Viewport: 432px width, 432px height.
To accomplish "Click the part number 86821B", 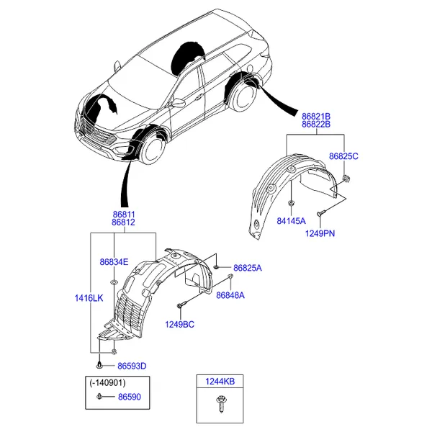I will point(316,116).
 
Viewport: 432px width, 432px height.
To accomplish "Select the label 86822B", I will point(316,125).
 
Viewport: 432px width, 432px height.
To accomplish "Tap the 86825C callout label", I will point(343,156).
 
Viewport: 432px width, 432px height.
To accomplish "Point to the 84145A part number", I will point(292,220).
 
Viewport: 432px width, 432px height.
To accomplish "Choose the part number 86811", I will point(123,214).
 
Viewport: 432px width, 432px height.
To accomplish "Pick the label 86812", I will point(123,222).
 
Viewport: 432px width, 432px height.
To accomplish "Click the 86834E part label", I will point(114,261).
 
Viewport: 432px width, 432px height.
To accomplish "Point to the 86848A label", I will point(230,295).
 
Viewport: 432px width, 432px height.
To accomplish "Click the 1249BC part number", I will point(180,324).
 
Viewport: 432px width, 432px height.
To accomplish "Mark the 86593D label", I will point(132,366).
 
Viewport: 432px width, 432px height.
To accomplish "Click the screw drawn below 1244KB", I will point(220,407).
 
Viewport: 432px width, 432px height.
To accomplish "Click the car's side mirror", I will point(177,103).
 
